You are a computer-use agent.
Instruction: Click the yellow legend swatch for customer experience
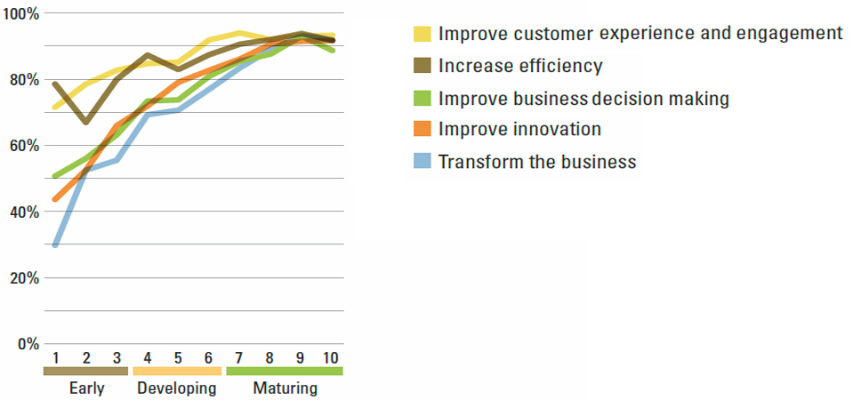[422, 34]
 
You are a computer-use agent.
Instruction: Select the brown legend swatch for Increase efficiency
[422, 66]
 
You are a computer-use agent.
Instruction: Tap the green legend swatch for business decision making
[422, 98]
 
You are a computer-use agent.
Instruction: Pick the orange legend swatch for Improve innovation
[422, 130]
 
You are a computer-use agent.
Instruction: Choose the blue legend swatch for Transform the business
[422, 162]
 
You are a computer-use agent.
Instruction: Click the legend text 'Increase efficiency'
[520, 66]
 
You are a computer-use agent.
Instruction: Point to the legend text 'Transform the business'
[537, 162]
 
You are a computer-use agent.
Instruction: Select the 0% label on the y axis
[28, 345]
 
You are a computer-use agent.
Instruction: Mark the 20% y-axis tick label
[23, 278]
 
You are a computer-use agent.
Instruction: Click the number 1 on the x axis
[55, 358]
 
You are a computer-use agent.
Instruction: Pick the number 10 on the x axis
[330, 358]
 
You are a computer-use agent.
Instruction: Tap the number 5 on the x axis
[178, 358]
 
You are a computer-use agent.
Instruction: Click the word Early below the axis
[87, 388]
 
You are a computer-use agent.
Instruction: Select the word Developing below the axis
[177, 389]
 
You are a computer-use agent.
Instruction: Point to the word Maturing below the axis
[285, 389]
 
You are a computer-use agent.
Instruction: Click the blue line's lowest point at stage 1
[55, 245]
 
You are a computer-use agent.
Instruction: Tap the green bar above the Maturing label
[285, 371]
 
